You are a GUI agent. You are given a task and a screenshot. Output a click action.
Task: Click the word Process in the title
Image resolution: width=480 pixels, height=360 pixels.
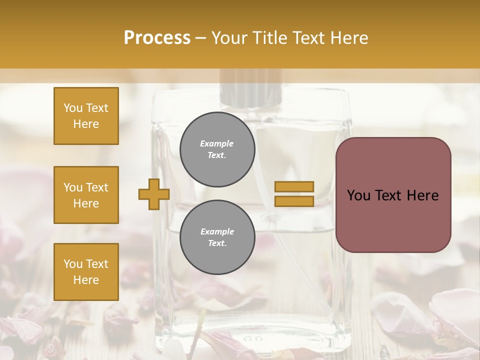point(157,38)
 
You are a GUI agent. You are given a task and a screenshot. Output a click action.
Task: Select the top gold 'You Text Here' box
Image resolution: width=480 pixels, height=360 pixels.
point(86,116)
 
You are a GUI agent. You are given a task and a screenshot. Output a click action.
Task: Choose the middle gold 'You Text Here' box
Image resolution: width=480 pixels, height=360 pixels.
point(86,195)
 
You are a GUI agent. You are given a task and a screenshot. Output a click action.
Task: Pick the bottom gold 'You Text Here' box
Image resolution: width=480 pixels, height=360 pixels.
point(86,272)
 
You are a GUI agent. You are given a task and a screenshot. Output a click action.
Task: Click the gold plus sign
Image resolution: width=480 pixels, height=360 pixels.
point(153,194)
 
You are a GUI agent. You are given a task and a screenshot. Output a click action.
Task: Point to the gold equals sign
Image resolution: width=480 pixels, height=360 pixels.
point(294,194)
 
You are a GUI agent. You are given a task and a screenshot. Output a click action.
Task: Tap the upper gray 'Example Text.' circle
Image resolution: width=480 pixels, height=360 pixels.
point(217,149)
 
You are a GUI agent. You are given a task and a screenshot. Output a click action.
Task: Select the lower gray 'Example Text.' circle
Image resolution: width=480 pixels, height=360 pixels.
point(217,237)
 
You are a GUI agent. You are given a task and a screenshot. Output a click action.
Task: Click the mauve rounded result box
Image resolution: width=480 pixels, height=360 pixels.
point(393,195)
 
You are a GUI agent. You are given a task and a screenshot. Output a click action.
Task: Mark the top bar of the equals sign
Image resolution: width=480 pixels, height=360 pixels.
point(294,187)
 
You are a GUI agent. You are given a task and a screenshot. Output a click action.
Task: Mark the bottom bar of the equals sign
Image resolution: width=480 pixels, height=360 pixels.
point(294,201)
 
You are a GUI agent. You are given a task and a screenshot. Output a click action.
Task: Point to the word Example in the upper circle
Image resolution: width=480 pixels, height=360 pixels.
point(217,143)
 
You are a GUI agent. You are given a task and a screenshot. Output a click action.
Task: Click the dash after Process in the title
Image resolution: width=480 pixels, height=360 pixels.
point(200,38)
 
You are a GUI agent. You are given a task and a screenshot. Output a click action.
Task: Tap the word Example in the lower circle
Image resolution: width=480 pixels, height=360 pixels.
point(217,231)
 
